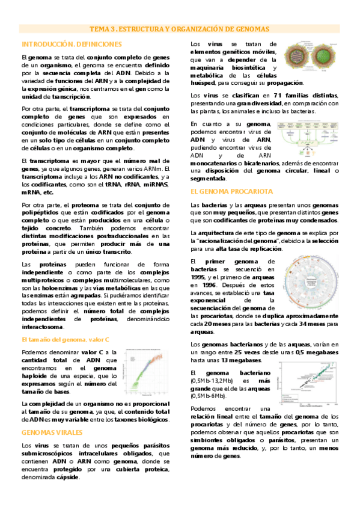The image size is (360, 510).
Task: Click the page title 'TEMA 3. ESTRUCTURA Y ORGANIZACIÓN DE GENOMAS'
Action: point(180,29)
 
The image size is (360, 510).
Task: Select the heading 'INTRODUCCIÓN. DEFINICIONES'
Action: point(72,45)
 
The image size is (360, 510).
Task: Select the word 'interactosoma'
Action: point(42,327)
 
